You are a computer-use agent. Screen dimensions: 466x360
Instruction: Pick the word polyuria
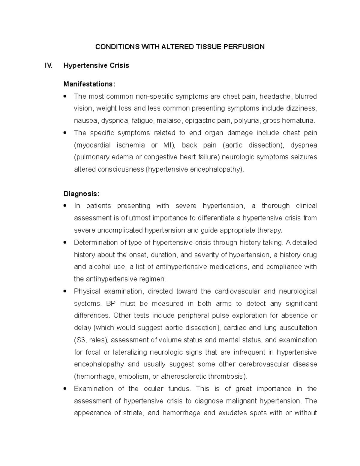click(248, 121)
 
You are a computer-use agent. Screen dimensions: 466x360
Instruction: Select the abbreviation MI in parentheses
click(167, 145)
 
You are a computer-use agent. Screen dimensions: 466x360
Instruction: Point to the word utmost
click(140, 218)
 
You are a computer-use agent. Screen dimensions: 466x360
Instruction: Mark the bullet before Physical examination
click(65, 291)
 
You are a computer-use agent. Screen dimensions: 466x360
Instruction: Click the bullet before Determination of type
click(65, 242)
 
